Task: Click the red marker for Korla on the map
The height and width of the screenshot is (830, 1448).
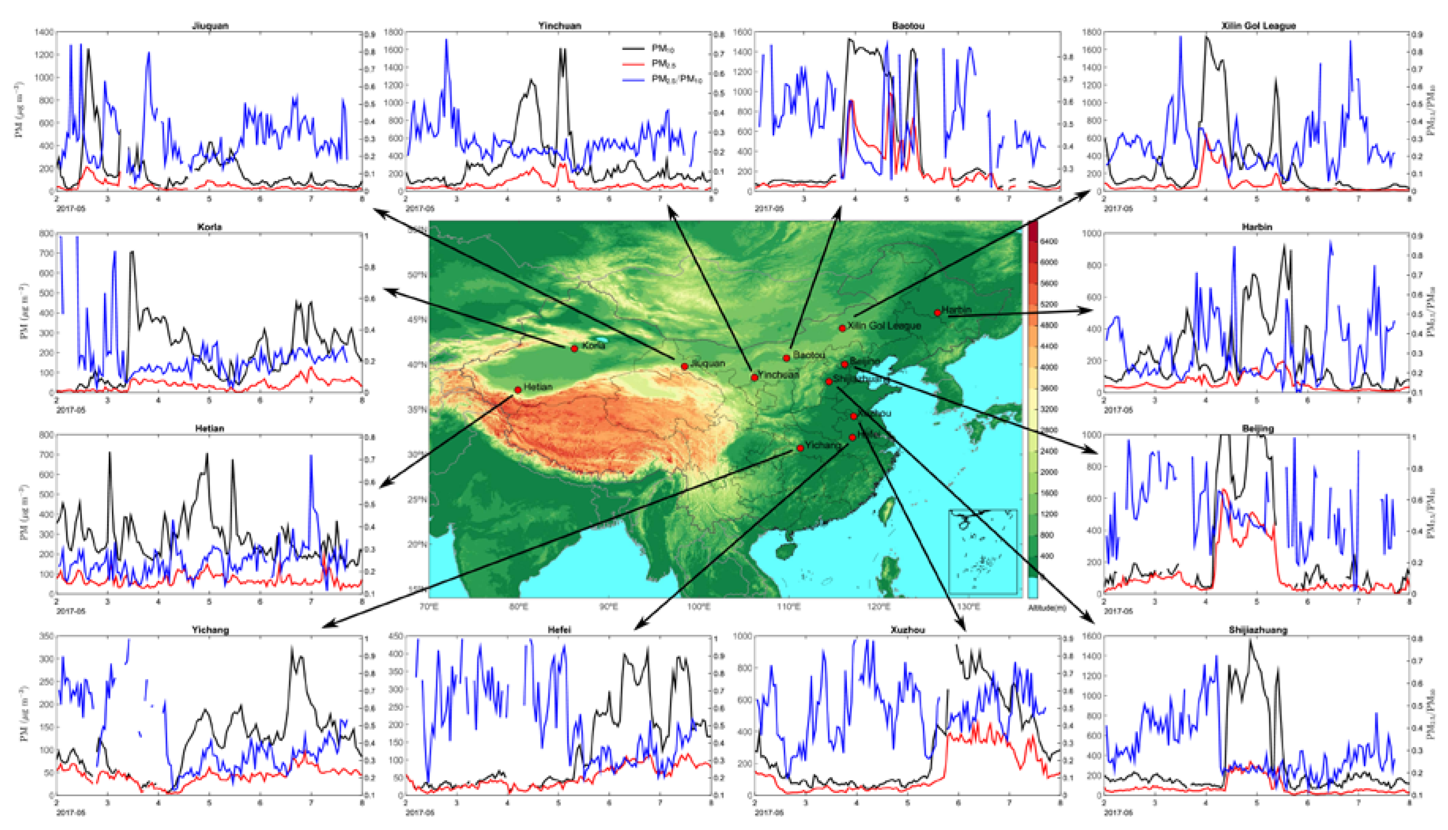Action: (x=575, y=348)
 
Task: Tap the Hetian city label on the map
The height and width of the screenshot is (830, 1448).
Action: (x=538, y=387)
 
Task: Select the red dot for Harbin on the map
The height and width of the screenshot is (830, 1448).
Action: (x=938, y=312)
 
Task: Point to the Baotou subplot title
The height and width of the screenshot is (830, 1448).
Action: (x=908, y=26)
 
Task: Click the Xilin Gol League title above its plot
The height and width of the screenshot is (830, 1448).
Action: (x=1258, y=26)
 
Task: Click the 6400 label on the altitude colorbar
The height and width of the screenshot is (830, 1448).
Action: (x=1049, y=242)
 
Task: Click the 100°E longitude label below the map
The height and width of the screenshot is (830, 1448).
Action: (x=699, y=607)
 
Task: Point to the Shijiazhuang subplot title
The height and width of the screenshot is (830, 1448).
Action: (x=1258, y=630)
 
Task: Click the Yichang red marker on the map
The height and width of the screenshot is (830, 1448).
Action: (x=800, y=448)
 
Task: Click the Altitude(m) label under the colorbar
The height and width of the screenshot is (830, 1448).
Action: (x=1047, y=608)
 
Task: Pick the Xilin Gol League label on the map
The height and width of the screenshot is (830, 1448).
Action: (x=884, y=325)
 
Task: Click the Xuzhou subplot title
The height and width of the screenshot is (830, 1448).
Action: (x=908, y=630)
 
